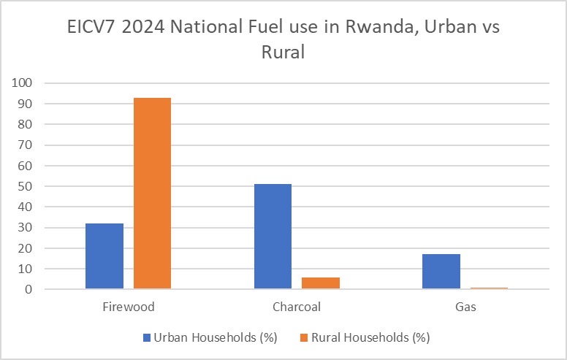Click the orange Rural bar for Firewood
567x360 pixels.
(x=152, y=194)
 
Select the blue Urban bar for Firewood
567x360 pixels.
(x=104, y=256)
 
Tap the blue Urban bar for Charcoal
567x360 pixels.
(x=273, y=237)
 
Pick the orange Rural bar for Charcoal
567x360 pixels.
(x=320, y=283)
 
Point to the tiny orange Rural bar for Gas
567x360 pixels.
(x=488, y=288)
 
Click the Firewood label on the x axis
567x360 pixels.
(x=129, y=307)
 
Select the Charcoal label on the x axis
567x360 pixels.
(x=296, y=307)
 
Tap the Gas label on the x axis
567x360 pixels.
(x=465, y=307)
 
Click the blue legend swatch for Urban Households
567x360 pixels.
(x=147, y=337)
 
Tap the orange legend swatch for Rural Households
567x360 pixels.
(x=305, y=337)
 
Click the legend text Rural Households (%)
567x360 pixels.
(x=371, y=337)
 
